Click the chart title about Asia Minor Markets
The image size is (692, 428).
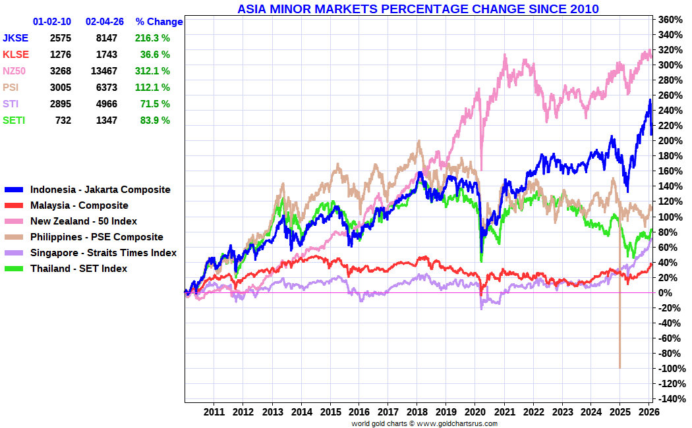click(x=418, y=9)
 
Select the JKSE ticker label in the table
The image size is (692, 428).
click(x=16, y=38)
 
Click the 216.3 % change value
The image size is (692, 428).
click(x=152, y=38)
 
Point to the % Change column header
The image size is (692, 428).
click(x=159, y=22)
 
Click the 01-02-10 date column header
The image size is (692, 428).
click(x=52, y=22)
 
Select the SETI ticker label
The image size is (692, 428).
click(x=15, y=120)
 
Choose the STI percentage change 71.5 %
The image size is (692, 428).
click(x=152, y=104)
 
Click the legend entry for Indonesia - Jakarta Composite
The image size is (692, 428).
click(x=100, y=190)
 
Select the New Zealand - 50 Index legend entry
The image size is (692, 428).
click(x=84, y=221)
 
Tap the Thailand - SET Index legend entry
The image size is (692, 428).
click(x=78, y=269)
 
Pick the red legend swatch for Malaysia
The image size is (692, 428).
click(x=14, y=205)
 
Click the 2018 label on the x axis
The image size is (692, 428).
click(x=417, y=412)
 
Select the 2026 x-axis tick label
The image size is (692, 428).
click(x=649, y=412)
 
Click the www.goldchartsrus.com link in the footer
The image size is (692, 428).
click(x=457, y=423)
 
